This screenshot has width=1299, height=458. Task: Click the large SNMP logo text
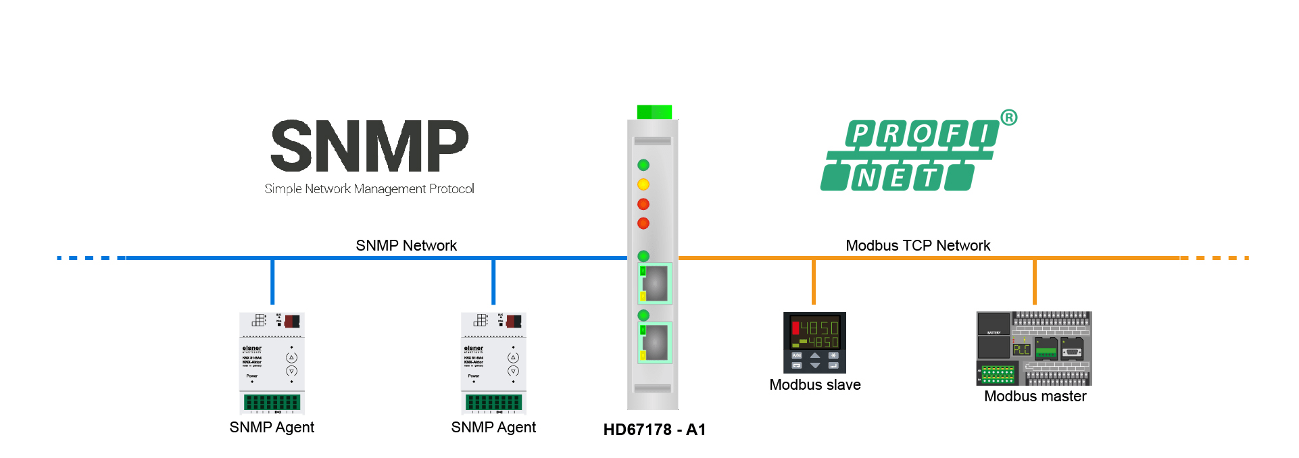[x=369, y=146]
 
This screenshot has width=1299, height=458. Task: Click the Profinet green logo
[x=909, y=156]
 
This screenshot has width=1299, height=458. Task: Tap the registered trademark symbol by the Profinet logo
[x=1008, y=118]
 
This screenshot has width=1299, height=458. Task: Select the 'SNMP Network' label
[x=406, y=245]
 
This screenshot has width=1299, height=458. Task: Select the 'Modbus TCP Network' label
[x=918, y=245]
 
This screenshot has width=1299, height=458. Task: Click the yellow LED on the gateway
[x=643, y=184]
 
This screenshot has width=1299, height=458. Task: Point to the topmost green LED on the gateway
[x=643, y=165]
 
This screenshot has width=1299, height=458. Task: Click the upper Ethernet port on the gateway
[x=654, y=283]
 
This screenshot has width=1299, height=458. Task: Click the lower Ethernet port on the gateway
[x=654, y=342]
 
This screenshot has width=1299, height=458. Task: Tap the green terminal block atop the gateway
[x=654, y=112]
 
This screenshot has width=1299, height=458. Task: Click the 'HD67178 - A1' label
[x=654, y=430]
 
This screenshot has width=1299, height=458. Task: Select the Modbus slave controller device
[x=814, y=342]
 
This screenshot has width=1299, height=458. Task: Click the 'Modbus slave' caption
[x=814, y=385]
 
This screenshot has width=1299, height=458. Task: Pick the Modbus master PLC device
[x=1034, y=348]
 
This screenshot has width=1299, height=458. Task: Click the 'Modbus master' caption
[x=1035, y=397]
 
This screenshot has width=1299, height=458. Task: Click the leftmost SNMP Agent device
[x=272, y=363]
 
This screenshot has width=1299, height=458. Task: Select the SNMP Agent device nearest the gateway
[x=493, y=363]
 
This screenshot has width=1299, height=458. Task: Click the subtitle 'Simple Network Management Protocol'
[x=369, y=189]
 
